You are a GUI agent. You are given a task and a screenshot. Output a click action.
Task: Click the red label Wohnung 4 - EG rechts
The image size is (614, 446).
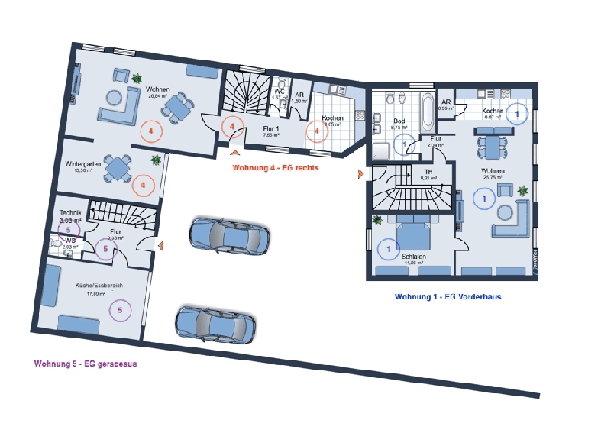275,167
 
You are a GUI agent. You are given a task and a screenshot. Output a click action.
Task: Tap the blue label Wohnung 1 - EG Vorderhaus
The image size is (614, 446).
447,296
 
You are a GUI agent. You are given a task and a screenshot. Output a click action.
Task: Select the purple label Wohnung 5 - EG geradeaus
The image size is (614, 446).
85,364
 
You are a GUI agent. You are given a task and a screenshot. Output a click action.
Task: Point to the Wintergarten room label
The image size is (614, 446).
83,164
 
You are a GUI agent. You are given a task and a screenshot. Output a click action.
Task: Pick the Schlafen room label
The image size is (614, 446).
414,257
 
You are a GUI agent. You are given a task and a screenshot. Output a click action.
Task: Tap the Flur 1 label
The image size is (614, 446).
270,128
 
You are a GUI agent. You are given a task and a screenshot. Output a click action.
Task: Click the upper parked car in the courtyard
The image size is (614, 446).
228,234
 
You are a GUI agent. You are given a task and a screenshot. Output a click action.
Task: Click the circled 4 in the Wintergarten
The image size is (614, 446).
143,185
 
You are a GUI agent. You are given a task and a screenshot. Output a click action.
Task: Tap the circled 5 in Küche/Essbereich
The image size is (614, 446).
120,309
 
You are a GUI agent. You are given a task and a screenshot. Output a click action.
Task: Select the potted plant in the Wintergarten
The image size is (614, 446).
156,160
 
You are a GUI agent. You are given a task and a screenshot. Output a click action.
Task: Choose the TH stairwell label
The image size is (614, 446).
428,172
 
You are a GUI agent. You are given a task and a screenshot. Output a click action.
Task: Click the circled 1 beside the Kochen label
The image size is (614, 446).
517,114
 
